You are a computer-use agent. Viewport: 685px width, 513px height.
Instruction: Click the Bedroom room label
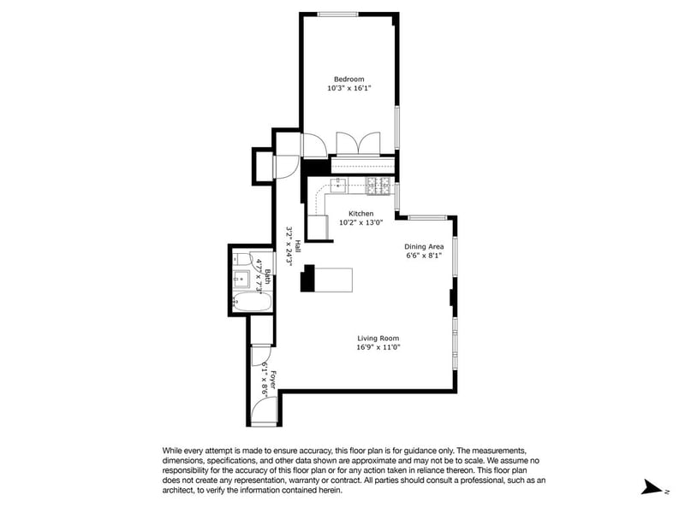point(348,79)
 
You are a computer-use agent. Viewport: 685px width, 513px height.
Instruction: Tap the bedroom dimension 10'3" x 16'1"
point(349,88)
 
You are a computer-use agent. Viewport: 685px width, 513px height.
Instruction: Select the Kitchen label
point(360,213)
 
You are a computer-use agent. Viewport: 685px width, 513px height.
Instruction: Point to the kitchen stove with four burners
point(378,186)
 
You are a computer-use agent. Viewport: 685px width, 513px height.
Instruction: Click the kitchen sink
point(338,186)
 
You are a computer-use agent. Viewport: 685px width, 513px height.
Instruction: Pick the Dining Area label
point(424,246)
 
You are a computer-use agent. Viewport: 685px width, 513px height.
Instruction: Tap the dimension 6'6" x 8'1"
point(424,256)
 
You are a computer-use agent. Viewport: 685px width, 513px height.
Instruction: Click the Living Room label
point(378,338)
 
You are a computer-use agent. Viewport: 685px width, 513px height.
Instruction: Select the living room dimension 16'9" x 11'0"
point(378,347)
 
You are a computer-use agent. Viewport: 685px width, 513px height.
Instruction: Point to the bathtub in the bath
point(252,302)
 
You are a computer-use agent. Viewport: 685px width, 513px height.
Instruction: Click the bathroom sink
point(241,279)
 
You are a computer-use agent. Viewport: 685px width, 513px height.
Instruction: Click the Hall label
point(297,246)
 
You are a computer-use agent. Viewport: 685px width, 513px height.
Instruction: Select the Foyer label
point(272,380)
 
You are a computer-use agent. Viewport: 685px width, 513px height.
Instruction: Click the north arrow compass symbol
point(652,486)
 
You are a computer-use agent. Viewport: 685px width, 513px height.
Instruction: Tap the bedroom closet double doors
point(358,143)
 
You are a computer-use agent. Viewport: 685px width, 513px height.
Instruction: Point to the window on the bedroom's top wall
point(337,14)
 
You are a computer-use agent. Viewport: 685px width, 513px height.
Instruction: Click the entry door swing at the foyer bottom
point(265,410)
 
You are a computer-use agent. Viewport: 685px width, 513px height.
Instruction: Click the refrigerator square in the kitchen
point(318,227)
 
